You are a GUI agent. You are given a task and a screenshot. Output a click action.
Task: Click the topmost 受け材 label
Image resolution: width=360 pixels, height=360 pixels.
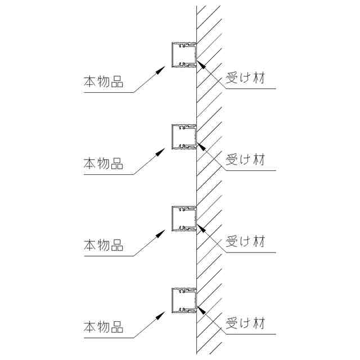[x=245, y=78]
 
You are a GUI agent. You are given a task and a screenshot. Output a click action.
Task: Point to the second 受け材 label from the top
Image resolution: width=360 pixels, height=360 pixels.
[x=245, y=160]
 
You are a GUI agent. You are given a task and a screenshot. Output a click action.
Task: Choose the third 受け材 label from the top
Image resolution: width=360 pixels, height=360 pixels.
[x=245, y=242]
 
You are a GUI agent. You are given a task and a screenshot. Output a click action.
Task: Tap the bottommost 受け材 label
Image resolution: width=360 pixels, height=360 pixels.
[x=245, y=324]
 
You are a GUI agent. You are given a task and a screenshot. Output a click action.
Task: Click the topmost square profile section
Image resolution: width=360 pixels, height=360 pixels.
[x=184, y=54]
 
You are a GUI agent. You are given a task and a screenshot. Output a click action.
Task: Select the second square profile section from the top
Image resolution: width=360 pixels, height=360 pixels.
[x=184, y=136]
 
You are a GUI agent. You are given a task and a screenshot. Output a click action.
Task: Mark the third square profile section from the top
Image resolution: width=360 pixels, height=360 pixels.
[x=184, y=218]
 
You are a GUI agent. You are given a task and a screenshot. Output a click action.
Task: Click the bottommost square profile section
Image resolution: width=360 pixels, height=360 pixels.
[x=184, y=299]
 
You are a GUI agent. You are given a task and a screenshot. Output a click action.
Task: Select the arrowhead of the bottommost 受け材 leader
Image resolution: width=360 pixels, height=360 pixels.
[x=200, y=307]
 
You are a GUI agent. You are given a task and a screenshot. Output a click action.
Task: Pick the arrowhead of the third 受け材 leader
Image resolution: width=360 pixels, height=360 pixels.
[x=200, y=226]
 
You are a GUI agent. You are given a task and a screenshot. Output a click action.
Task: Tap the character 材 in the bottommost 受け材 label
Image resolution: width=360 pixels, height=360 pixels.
[x=258, y=324]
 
